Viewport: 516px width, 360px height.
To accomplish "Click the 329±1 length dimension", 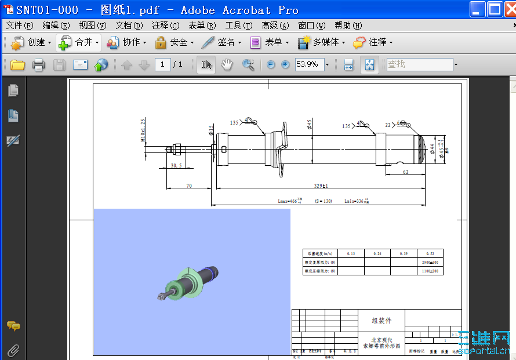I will pyautogui.click(x=320, y=186).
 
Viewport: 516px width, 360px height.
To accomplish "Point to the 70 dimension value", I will pyautogui.click(x=189, y=186).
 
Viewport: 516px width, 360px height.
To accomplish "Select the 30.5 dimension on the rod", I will pyautogui.click(x=176, y=165).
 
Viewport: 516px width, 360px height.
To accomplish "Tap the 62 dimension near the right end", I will pyautogui.click(x=405, y=172).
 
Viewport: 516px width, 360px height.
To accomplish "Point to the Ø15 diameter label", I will pyautogui.click(x=211, y=131).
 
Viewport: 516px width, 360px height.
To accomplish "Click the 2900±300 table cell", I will pyautogui.click(x=430, y=262).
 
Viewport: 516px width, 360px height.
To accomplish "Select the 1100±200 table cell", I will pyautogui.click(x=430, y=271).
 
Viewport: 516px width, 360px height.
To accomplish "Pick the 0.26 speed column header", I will pyautogui.click(x=377, y=253).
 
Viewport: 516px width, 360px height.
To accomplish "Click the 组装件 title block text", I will pyautogui.click(x=381, y=320).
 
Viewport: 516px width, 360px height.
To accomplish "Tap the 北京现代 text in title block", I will pyautogui.click(x=381, y=340).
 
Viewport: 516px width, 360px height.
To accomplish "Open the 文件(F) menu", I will pyautogui.click(x=20, y=26).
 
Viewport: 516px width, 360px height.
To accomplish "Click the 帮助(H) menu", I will pyautogui.click(x=348, y=26).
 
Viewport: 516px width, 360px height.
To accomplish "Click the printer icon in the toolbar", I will pyautogui.click(x=39, y=65).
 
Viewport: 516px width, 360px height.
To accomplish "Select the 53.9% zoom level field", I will pyautogui.click(x=308, y=64).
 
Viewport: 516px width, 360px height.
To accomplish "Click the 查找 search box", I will pyautogui.click(x=419, y=64).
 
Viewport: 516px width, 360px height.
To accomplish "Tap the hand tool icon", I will pyautogui.click(x=227, y=65).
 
